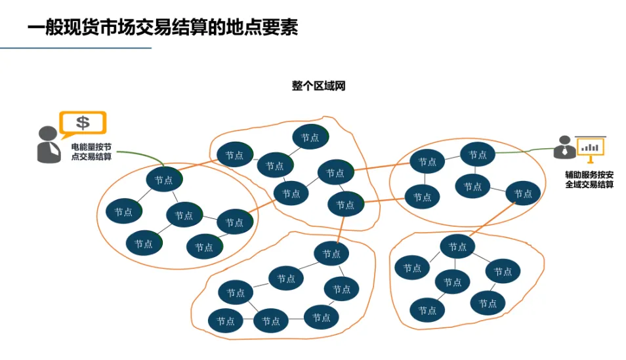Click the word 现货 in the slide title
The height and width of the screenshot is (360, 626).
[87, 28]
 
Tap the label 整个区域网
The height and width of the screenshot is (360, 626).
[318, 86]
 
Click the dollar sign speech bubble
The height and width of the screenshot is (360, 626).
[83, 123]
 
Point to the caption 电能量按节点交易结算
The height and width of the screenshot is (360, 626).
[91, 151]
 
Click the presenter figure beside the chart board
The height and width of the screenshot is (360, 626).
[564, 147]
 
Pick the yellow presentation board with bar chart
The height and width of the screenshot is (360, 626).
[591, 148]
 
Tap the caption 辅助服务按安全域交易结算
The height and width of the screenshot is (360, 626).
[589, 180]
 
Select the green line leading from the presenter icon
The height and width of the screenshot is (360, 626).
[525, 151]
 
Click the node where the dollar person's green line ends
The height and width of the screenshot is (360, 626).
[163, 180]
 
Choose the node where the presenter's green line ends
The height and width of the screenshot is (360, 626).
[478, 155]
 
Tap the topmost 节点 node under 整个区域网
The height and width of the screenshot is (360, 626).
[310, 137]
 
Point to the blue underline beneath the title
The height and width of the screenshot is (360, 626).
[75, 48]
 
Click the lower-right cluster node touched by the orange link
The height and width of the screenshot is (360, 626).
[457, 247]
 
